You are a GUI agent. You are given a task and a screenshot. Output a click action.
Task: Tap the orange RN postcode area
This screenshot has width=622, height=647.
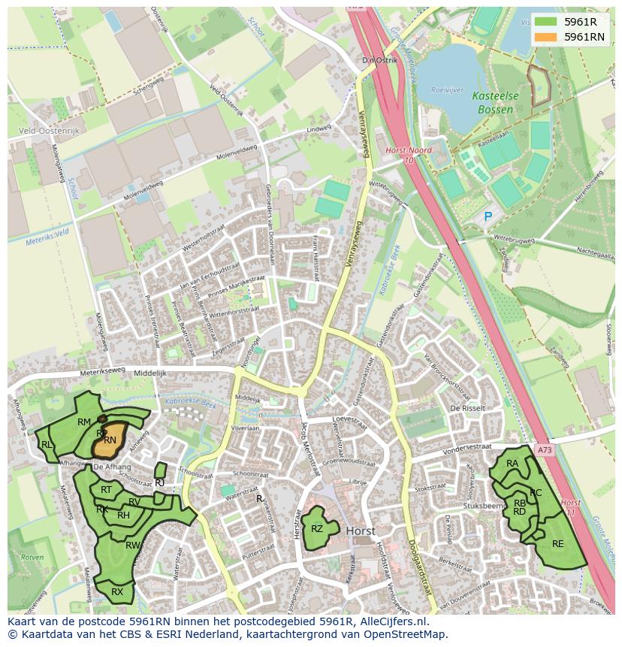[x=109, y=441]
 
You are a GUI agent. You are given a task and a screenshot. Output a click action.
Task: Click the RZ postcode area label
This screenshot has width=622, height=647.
[x=317, y=529]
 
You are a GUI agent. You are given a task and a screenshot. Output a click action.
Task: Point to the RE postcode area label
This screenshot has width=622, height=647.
[x=557, y=544]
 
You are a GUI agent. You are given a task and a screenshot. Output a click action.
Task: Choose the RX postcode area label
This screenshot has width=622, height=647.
[x=117, y=592]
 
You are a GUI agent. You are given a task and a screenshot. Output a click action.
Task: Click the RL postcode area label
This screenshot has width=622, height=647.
[x=47, y=445]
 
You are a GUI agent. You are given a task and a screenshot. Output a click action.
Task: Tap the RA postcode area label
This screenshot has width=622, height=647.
[x=512, y=464]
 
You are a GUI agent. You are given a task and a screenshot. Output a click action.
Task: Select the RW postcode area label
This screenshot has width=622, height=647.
[x=132, y=546]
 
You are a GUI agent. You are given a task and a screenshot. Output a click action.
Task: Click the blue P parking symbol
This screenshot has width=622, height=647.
[x=488, y=217]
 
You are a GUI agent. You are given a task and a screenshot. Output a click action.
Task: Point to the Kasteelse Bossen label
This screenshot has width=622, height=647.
[x=493, y=103]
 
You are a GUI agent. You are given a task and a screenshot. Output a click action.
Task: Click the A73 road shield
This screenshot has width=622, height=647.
[x=544, y=449]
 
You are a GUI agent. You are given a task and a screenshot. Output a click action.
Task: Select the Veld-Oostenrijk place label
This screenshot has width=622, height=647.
[x=48, y=130]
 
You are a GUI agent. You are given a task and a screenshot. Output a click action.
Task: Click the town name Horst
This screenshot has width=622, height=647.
[x=361, y=531]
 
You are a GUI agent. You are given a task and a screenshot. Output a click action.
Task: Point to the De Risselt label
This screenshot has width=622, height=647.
[x=465, y=408]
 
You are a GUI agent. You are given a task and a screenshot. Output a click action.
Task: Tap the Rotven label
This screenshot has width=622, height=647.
[x=32, y=558]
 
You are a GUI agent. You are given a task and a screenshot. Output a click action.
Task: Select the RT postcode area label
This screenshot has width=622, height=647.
[x=106, y=490]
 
